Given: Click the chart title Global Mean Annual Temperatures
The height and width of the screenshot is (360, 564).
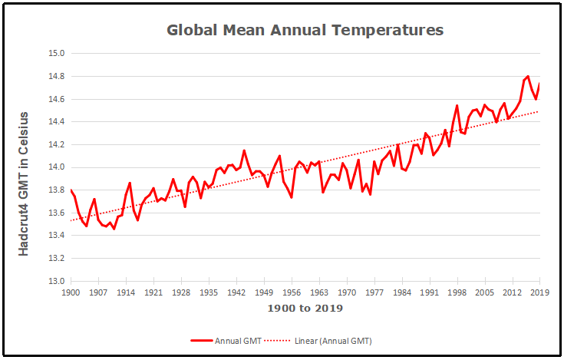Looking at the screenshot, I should point(305,31).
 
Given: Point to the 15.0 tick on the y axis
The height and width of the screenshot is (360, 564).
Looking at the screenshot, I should point(56,54).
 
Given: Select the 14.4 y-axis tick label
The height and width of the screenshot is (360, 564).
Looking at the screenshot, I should point(56,122).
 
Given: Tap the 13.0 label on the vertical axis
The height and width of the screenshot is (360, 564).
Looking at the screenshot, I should point(56,281).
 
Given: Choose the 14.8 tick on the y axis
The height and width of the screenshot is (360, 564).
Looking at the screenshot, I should point(56,77).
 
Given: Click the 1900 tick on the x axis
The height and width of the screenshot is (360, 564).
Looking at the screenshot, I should point(71,292).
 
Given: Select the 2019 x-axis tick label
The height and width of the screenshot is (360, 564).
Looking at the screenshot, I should point(540,292).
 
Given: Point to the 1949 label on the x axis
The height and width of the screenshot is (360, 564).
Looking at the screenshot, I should point(264,292).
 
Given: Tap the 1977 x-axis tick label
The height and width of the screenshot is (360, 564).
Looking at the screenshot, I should point(374,292).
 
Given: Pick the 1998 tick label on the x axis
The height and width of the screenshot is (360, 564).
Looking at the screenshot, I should point(457,292).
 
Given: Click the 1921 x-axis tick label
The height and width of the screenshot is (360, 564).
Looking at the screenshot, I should point(153,292).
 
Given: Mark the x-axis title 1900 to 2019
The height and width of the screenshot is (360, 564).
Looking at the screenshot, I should point(305,309).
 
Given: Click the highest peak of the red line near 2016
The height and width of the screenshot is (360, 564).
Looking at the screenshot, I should point(528,76).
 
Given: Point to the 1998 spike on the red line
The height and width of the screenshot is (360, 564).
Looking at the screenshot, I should point(457,106).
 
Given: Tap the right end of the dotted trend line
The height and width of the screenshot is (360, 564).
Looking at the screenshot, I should point(539,111).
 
